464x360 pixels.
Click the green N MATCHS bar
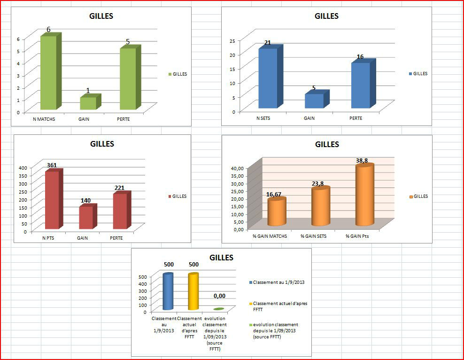(48, 73)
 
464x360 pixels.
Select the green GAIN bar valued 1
(88, 103)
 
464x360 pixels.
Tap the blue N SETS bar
(268, 78)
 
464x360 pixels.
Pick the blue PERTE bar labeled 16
(360, 86)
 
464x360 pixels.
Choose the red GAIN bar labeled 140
(85, 218)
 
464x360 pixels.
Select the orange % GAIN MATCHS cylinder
(277, 213)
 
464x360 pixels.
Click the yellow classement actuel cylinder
(193, 292)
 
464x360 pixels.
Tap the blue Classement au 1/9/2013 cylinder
(168, 292)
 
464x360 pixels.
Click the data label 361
(52, 165)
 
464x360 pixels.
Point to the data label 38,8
(362, 161)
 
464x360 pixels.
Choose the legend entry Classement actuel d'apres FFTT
(279, 306)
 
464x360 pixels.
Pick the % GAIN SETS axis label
(313, 236)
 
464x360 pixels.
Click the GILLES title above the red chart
(102, 144)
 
